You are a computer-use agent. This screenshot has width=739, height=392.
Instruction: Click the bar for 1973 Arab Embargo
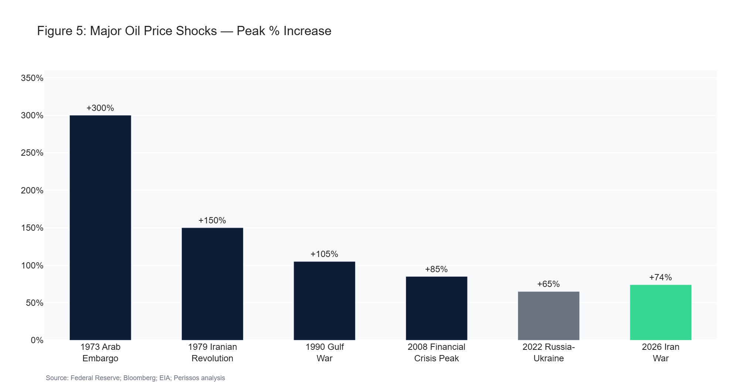100,227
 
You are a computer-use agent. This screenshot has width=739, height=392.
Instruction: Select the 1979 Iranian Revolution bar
212,284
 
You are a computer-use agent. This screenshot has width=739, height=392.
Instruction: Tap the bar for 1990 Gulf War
324,301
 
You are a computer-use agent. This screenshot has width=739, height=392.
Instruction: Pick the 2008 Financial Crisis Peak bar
436,308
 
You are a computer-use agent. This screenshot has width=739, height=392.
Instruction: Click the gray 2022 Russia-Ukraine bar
549,316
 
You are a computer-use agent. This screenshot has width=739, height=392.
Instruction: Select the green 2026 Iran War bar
661,312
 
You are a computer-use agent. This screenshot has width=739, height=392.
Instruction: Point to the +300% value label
100,108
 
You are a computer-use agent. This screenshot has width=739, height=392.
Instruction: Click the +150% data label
212,220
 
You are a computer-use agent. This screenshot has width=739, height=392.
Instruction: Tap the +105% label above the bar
324,254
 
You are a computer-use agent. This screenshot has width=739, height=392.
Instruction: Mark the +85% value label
436,269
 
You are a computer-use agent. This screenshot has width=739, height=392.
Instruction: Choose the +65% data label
549,284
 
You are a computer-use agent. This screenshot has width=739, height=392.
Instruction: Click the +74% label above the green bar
661,277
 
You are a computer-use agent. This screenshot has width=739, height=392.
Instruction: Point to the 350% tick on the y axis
32,78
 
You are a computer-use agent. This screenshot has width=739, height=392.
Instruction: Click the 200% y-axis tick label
32,190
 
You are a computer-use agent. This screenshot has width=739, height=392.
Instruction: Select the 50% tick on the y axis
34,303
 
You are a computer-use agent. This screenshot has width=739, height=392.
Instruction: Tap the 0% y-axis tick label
37,340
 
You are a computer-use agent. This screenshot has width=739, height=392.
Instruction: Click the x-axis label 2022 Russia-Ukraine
549,352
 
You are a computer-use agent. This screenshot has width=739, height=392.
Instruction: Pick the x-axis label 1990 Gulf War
324,352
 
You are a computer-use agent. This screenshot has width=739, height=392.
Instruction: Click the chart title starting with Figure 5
184,31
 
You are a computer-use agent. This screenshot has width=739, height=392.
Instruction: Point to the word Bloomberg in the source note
140,378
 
